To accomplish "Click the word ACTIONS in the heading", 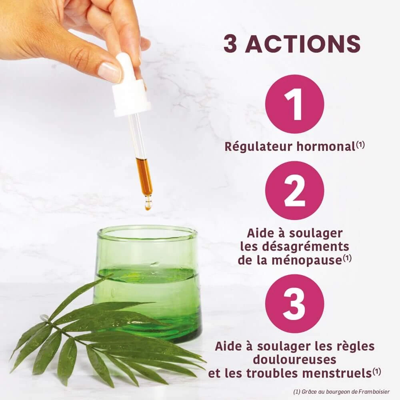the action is pos(303,44).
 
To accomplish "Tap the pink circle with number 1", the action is pos(295,104).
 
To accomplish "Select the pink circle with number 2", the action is pos(295,190).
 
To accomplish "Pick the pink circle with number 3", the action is pos(295,304).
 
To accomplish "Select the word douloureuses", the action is pos(295,360).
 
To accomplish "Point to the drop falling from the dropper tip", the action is pos(147,206).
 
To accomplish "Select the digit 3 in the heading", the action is pos(231,44).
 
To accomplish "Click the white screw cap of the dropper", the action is pos(131,98).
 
